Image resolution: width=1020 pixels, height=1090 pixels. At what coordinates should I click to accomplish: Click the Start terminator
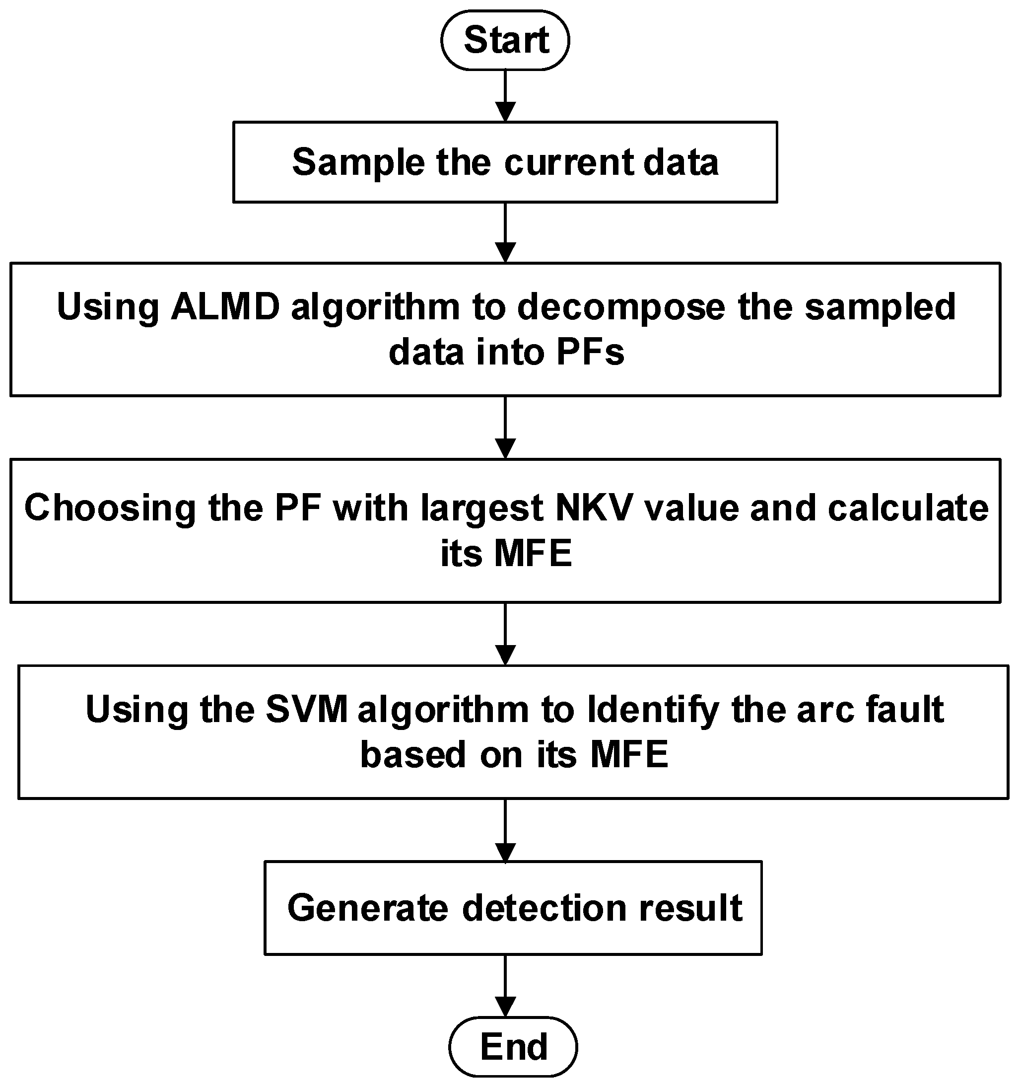click(x=505, y=40)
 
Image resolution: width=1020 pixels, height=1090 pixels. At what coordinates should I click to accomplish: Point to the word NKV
click(x=595, y=508)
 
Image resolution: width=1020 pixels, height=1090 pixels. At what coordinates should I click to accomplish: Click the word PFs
click(x=590, y=352)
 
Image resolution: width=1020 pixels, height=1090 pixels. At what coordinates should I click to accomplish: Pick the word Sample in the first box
click(x=358, y=163)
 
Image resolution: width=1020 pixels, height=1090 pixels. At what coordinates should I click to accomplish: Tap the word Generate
click(x=368, y=908)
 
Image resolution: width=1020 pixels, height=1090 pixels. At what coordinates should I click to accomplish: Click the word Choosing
click(x=110, y=508)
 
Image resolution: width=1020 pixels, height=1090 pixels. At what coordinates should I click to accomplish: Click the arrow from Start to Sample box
click(x=505, y=96)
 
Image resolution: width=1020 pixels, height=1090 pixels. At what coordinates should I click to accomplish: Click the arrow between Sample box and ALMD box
click(x=505, y=232)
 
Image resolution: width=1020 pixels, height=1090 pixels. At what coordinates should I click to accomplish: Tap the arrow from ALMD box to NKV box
click(x=505, y=427)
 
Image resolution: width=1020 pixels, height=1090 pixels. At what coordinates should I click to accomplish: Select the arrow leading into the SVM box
click(x=505, y=634)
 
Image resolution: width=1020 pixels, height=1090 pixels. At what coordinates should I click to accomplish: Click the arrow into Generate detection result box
click(x=505, y=830)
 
